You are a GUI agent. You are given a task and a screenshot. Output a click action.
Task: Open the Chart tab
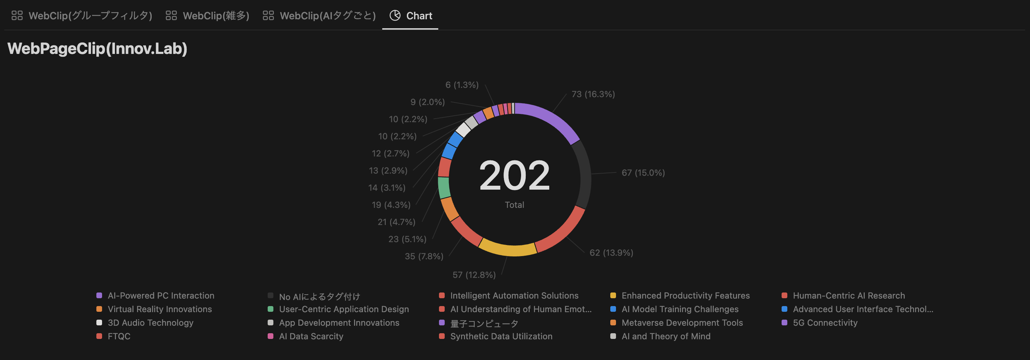[411, 16]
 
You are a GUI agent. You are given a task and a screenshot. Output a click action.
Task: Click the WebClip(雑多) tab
[207, 16]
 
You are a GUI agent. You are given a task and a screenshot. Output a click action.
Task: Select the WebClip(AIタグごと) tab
[319, 16]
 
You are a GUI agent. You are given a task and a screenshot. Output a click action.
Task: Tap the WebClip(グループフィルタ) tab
[82, 16]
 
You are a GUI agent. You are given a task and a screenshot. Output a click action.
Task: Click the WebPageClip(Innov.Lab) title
[97, 49]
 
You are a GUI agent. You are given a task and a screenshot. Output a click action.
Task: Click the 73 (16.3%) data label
[593, 94]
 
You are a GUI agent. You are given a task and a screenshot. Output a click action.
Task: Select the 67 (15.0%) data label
[643, 173]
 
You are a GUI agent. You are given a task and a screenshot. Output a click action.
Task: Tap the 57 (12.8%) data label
[474, 275]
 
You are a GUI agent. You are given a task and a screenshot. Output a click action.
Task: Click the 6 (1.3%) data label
[462, 85]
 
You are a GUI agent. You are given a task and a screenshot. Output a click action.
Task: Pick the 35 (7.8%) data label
[424, 256]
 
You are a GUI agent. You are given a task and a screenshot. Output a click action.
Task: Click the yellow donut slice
[507, 249]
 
